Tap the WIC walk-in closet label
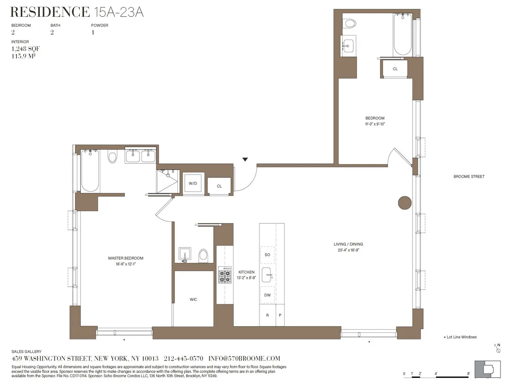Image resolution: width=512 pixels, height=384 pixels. coord(193,300)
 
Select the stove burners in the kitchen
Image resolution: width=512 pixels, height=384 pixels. coord(224,275)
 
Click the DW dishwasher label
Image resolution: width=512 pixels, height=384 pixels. coord(268,295)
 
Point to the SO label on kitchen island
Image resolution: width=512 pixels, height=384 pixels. coord(268,255)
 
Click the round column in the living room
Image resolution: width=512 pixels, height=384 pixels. coord(404,203)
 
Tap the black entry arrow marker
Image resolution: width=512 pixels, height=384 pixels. coord(245,160)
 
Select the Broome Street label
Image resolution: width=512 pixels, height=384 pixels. coord(469,177)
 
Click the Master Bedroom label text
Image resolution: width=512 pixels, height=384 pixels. coord(125,258)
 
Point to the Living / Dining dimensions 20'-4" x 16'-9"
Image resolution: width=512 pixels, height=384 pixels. coord(348,250)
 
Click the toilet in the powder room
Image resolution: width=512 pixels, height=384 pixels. coord(204,255)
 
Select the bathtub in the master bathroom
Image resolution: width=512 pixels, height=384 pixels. coord(90,171)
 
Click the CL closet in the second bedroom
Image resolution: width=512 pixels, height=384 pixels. coord(395,69)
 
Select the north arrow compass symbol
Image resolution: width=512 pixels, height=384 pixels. coord(497,348)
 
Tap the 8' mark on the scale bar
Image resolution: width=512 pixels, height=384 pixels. coord(468,374)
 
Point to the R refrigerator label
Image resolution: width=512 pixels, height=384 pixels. coord(268,316)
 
